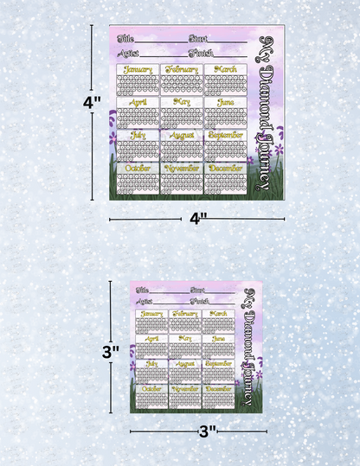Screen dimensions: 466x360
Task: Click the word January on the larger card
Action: [x=138, y=69]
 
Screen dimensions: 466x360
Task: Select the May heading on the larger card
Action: [x=182, y=102]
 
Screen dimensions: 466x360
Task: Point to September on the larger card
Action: [x=225, y=135]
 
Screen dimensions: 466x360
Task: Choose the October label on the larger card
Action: [x=138, y=168]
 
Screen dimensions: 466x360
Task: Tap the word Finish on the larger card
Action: [x=201, y=53]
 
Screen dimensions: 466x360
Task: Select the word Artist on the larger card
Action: [x=127, y=53]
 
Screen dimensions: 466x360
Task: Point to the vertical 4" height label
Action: [x=92, y=102]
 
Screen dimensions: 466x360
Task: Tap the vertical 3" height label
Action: [x=110, y=352]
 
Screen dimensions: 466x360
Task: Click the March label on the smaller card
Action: [x=217, y=314]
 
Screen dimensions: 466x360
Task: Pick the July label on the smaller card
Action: [x=151, y=365]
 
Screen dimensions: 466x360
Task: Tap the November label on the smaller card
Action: [x=183, y=389]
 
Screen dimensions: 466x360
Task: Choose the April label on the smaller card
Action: [x=151, y=339]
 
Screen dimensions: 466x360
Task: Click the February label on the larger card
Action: [x=182, y=69]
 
